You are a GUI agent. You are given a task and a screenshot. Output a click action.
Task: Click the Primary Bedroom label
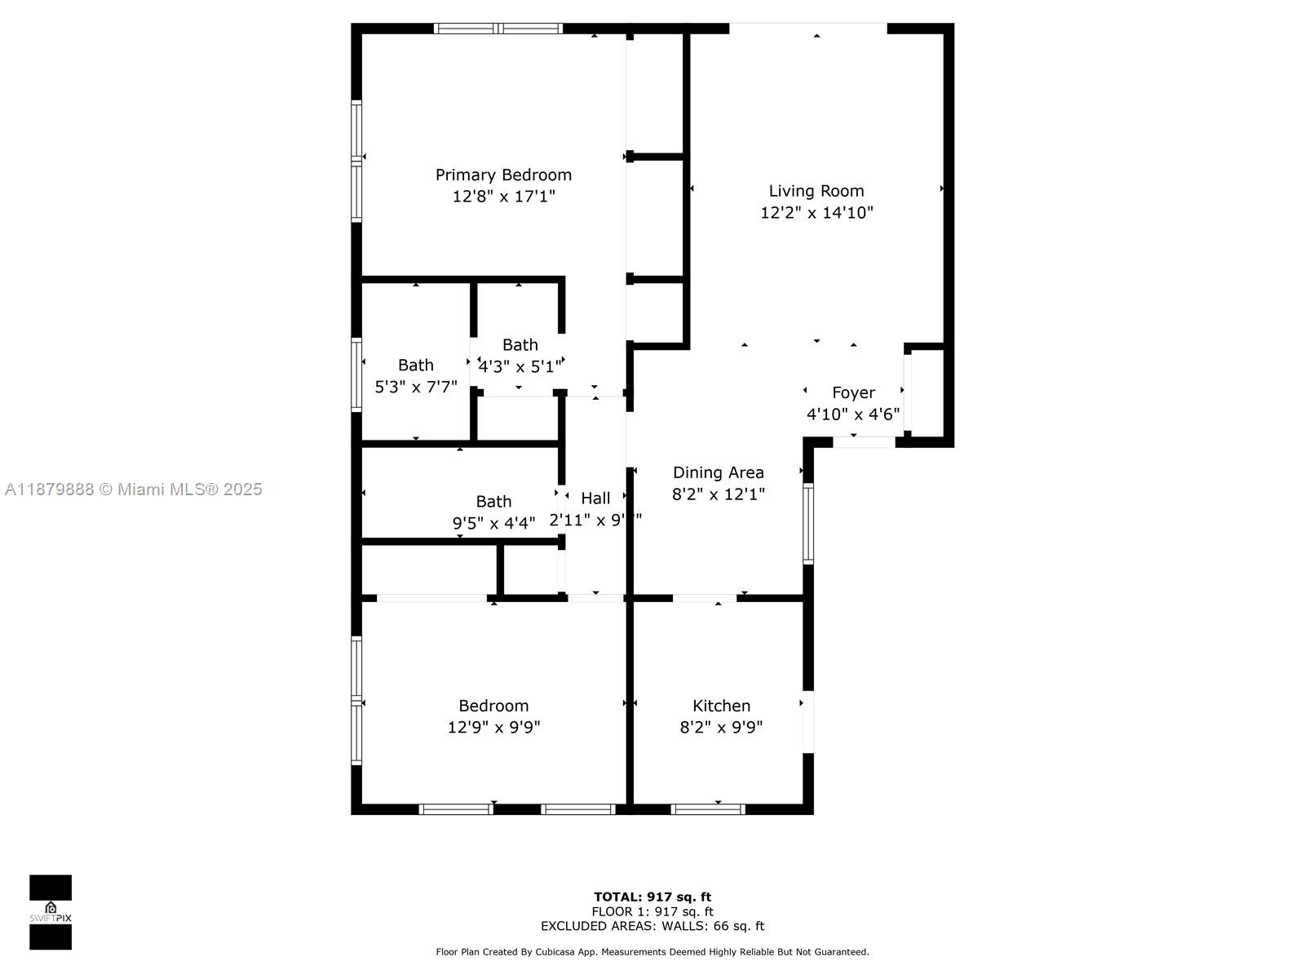(503, 175)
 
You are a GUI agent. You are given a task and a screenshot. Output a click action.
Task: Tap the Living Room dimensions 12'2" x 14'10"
(816, 213)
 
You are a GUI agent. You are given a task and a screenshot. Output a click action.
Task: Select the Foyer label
(853, 392)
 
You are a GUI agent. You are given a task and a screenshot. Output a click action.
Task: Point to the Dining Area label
(718, 472)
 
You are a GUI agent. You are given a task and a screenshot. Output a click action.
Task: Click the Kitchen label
(721, 706)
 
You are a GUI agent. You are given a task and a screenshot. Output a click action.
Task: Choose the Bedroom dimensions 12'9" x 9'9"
(493, 727)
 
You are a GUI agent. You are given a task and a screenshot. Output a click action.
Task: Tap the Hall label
(595, 498)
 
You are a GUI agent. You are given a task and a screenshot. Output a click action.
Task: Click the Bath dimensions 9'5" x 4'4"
(493, 523)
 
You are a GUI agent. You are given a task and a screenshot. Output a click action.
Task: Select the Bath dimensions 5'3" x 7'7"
(415, 387)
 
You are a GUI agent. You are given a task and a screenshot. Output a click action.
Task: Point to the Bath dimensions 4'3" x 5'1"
(520, 366)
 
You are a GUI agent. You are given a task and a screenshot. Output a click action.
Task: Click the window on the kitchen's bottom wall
(707, 809)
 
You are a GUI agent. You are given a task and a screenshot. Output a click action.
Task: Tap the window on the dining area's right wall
(808, 524)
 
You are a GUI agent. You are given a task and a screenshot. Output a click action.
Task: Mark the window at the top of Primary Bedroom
(498, 29)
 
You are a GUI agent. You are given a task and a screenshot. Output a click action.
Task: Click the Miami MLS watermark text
(133, 489)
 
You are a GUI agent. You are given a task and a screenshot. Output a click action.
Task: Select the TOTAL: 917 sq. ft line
(652, 897)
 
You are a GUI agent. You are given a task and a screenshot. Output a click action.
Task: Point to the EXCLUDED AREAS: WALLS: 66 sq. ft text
(652, 926)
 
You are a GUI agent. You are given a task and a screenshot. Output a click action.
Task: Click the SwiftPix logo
(51, 912)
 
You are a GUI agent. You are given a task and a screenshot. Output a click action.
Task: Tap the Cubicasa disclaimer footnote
(652, 952)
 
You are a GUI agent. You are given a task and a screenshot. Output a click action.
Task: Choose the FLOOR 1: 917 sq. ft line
(652, 911)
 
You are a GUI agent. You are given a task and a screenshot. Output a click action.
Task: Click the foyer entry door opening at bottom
(864, 442)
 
